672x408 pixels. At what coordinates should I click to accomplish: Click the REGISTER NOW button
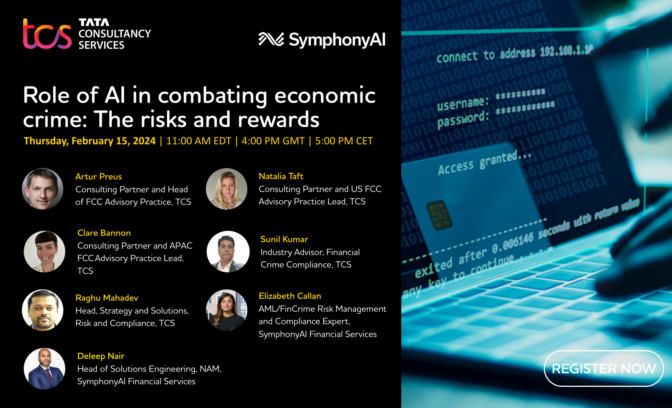[603, 368]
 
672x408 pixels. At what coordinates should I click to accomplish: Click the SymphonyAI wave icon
[271, 39]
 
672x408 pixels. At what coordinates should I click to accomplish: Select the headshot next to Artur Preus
[43, 189]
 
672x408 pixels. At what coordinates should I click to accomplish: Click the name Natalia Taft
[281, 176]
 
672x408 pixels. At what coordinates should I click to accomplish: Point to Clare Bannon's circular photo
[44, 252]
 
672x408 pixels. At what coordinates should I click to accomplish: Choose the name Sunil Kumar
[284, 239]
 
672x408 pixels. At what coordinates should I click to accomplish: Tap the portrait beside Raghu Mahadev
[43, 310]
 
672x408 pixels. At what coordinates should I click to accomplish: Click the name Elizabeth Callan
[290, 296]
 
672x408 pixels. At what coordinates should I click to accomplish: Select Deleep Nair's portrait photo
[44, 369]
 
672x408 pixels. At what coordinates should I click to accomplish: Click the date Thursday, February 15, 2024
[89, 141]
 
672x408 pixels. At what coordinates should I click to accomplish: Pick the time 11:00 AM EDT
[198, 141]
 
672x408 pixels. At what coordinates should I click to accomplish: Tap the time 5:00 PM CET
[344, 141]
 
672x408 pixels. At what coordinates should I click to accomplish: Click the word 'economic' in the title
[325, 95]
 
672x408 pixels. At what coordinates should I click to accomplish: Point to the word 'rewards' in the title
[278, 119]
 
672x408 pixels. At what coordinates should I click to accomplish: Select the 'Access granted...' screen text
[484, 163]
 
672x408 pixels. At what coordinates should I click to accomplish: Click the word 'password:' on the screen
[463, 120]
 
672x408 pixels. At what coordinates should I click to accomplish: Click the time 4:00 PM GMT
[273, 141]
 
